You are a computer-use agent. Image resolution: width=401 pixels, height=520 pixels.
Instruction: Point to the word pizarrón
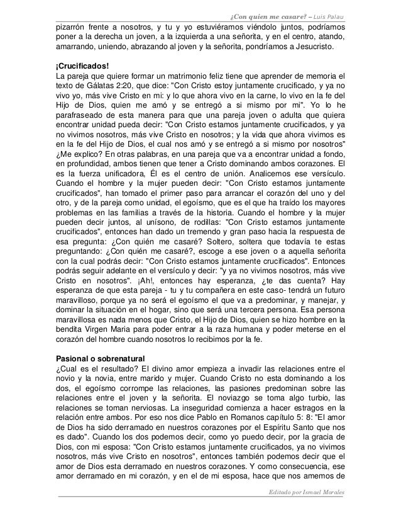pyautogui.click(x=73, y=27)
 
